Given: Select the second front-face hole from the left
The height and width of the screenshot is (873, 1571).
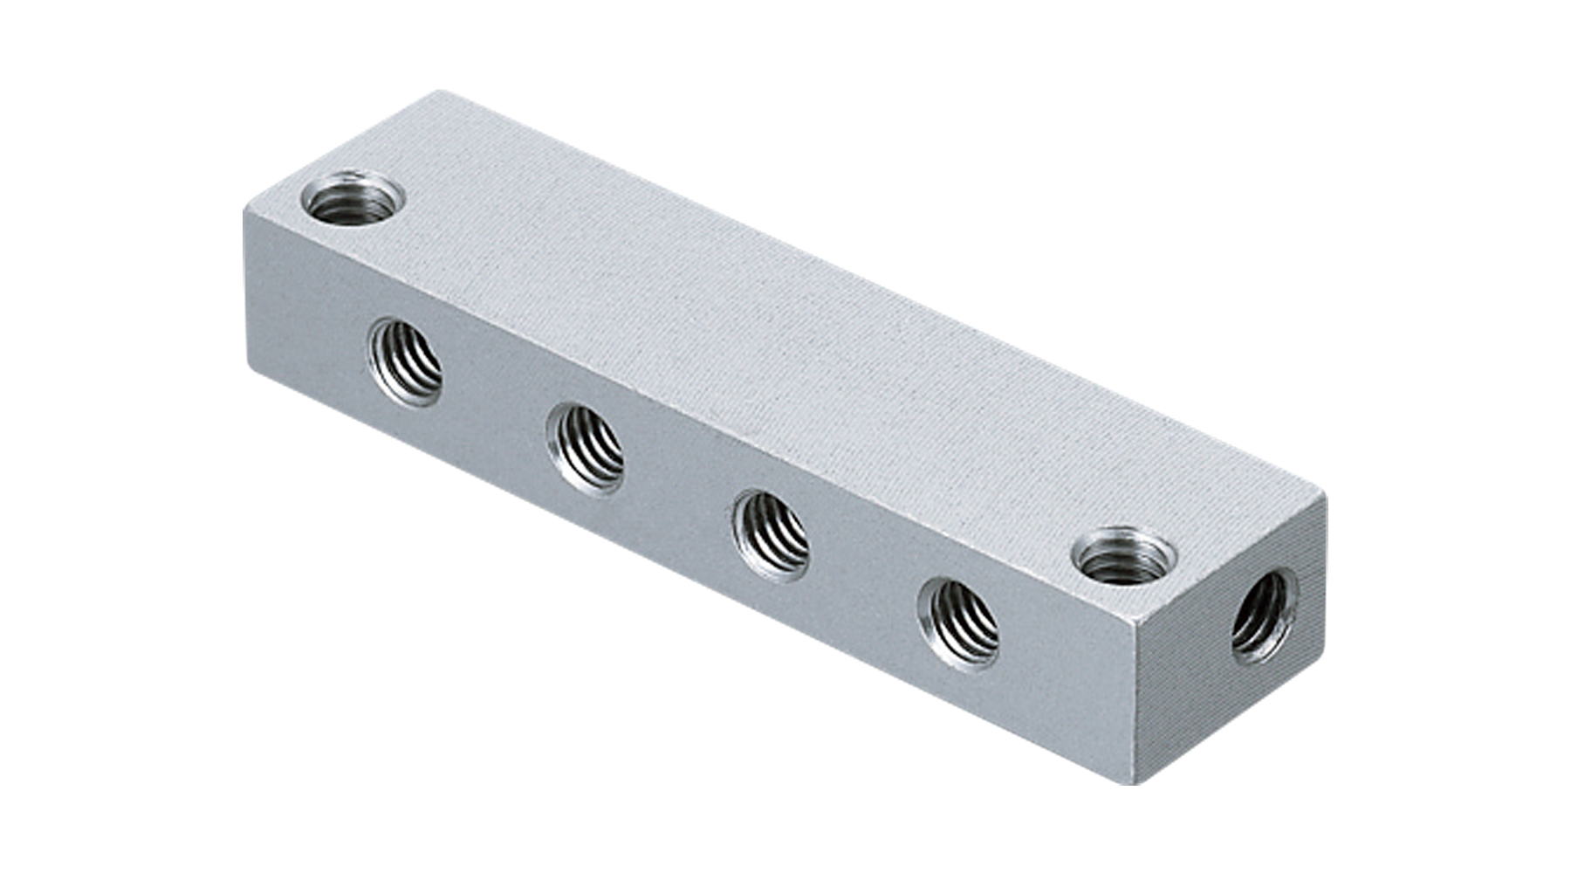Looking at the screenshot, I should [586, 448].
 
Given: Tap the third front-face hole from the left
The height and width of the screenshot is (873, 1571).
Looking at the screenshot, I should [771, 535].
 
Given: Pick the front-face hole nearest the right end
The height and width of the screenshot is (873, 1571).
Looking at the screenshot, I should [958, 623].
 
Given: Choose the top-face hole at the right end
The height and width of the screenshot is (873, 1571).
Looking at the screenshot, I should [1122, 556].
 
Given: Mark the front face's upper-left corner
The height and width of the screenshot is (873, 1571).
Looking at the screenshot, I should [245, 209].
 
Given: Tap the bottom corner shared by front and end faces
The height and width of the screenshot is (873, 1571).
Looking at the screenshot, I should [1138, 783].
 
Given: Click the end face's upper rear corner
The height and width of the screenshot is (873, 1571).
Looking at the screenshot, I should [1324, 495].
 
